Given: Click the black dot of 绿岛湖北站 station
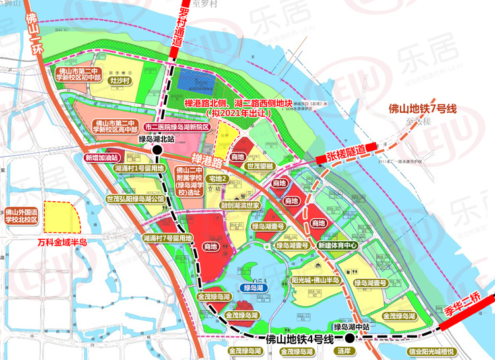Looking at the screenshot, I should pos(157,150).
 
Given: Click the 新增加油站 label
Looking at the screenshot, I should pos(101,158).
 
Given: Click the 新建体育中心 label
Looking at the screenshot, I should pos(337,245).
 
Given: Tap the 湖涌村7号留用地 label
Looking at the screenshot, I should pos(167,238).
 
